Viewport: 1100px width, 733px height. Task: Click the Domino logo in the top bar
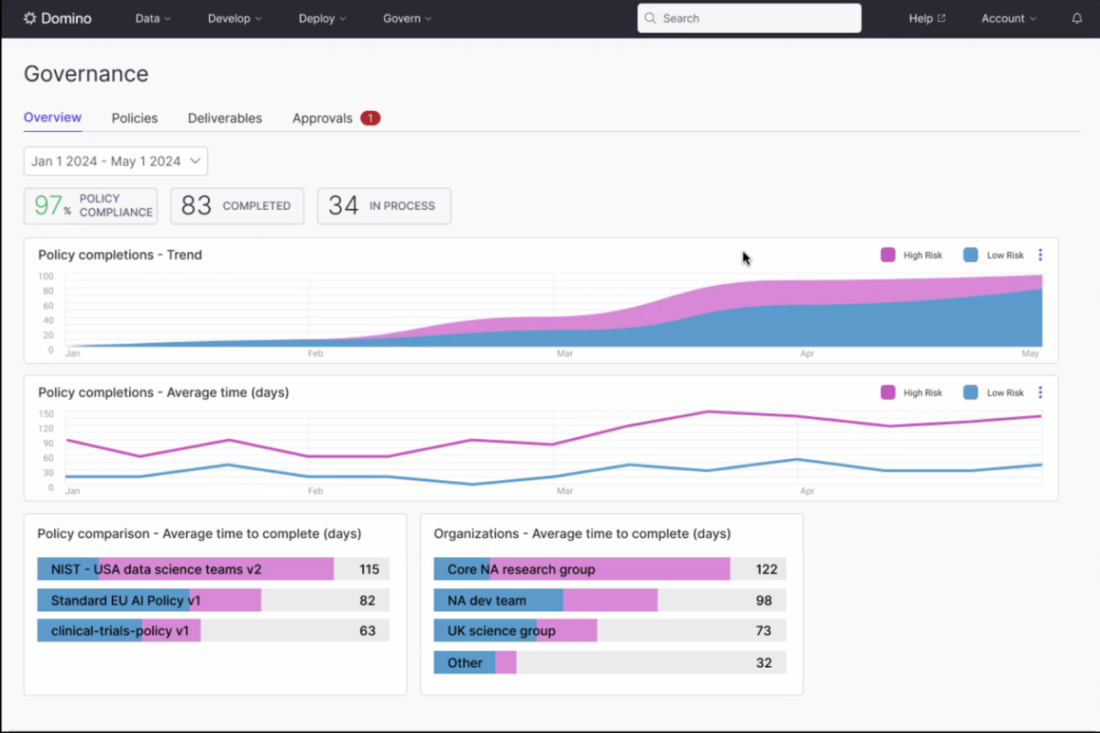click(57, 18)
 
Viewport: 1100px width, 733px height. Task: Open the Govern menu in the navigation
click(407, 18)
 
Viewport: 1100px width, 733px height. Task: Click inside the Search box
click(749, 18)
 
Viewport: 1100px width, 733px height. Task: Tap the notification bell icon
click(1077, 18)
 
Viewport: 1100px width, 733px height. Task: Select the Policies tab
click(135, 118)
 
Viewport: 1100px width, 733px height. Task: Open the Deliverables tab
click(225, 118)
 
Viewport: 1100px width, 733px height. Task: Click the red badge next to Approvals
click(370, 118)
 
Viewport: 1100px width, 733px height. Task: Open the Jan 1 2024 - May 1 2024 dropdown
click(115, 161)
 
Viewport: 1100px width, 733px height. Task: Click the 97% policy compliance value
click(49, 206)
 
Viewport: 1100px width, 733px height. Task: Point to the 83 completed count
click(196, 206)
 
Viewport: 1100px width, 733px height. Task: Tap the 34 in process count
click(343, 206)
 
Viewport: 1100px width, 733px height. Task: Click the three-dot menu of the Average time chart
click(1040, 392)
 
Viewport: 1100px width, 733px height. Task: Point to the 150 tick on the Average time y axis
click(46, 414)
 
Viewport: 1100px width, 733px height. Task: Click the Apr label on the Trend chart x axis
click(807, 354)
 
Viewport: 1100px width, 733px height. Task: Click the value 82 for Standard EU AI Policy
click(368, 600)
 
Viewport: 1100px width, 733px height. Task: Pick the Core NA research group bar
click(581, 569)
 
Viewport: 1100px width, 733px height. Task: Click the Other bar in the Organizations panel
click(475, 662)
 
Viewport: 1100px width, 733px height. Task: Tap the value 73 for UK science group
click(764, 631)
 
